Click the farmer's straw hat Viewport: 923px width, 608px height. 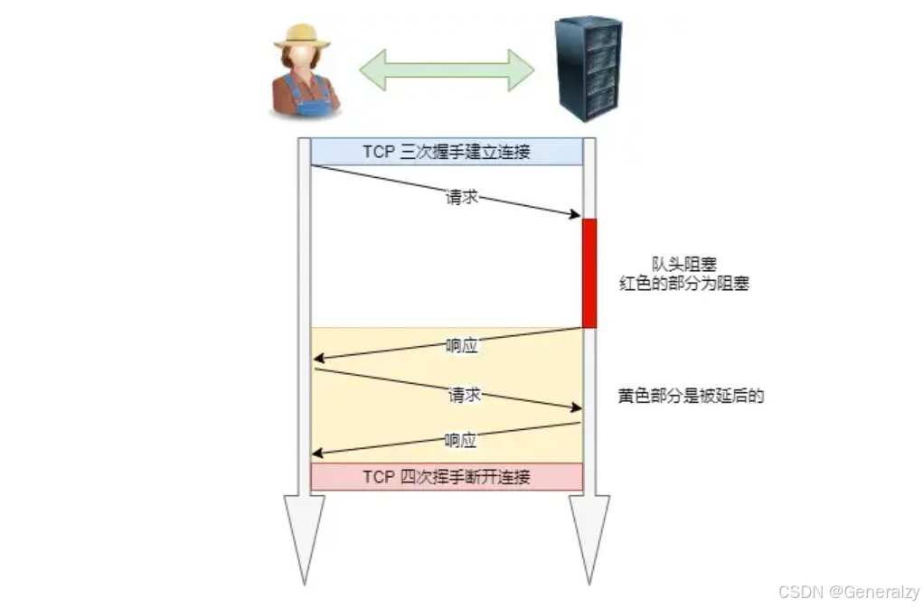pyautogui.click(x=302, y=35)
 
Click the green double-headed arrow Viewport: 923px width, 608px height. pyautogui.click(x=447, y=70)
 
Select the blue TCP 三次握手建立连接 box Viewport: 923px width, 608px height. pyautogui.click(x=447, y=152)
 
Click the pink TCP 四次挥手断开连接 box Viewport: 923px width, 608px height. pyautogui.click(x=447, y=477)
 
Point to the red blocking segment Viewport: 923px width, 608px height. pyautogui.click(x=589, y=273)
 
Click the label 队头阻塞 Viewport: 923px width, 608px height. pyautogui.click(x=684, y=264)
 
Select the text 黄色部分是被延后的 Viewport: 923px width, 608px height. pyautogui.click(x=692, y=396)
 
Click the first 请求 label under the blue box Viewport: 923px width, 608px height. pyautogui.click(x=462, y=197)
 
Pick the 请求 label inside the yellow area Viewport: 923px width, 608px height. pyautogui.click(x=463, y=395)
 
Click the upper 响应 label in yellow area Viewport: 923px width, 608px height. pyautogui.click(x=461, y=345)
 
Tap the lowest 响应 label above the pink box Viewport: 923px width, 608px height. pyautogui.click(x=461, y=441)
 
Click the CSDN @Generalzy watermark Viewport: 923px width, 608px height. pyautogui.click(x=848, y=592)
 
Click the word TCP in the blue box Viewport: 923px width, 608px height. pyautogui.click(x=379, y=152)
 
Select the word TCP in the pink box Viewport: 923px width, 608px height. pyautogui.click(x=379, y=477)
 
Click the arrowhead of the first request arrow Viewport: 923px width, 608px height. pyautogui.click(x=575, y=215)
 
